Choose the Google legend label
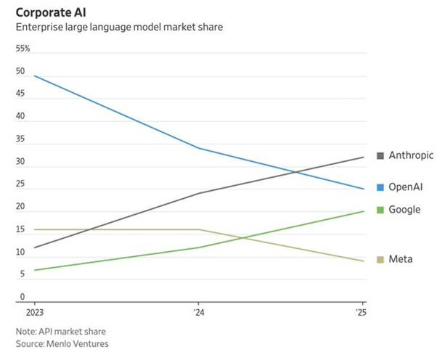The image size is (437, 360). click(x=405, y=209)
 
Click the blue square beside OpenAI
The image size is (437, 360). click(x=381, y=187)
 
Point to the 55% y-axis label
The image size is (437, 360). click(x=24, y=49)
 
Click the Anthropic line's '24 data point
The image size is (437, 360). click(x=198, y=194)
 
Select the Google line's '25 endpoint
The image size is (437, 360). click(x=363, y=211)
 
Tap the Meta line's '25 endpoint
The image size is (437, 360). click(x=363, y=261)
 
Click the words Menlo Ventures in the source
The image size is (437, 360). click(x=81, y=343)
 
